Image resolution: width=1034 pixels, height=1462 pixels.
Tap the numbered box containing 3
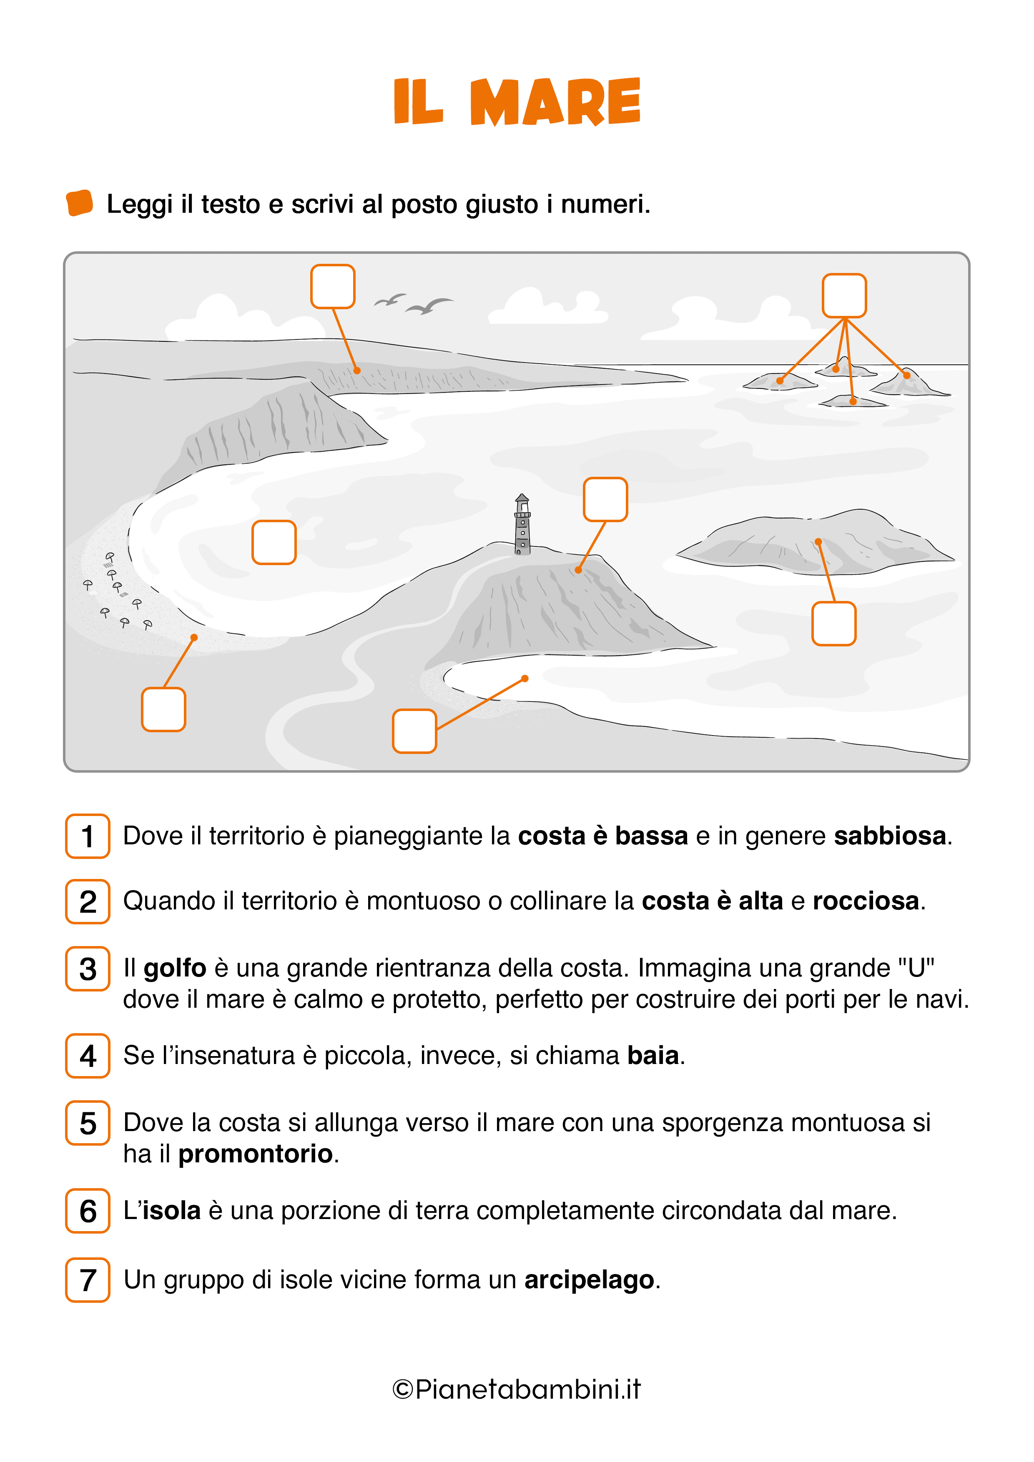click(88, 969)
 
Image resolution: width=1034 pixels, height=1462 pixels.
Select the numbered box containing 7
click(88, 1279)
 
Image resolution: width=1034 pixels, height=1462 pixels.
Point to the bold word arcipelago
click(589, 1279)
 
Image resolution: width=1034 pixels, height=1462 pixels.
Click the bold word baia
click(653, 1055)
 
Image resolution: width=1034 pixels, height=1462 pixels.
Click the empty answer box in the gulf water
click(274, 543)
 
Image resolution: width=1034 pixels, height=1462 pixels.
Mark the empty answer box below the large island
click(833, 623)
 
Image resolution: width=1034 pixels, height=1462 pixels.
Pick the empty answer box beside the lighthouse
click(605, 499)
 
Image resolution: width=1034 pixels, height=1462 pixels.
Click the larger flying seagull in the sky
click(429, 306)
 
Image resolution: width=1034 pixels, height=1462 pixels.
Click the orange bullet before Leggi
click(80, 203)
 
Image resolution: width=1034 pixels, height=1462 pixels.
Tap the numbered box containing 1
click(88, 836)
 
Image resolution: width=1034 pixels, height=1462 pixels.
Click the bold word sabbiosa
click(890, 836)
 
